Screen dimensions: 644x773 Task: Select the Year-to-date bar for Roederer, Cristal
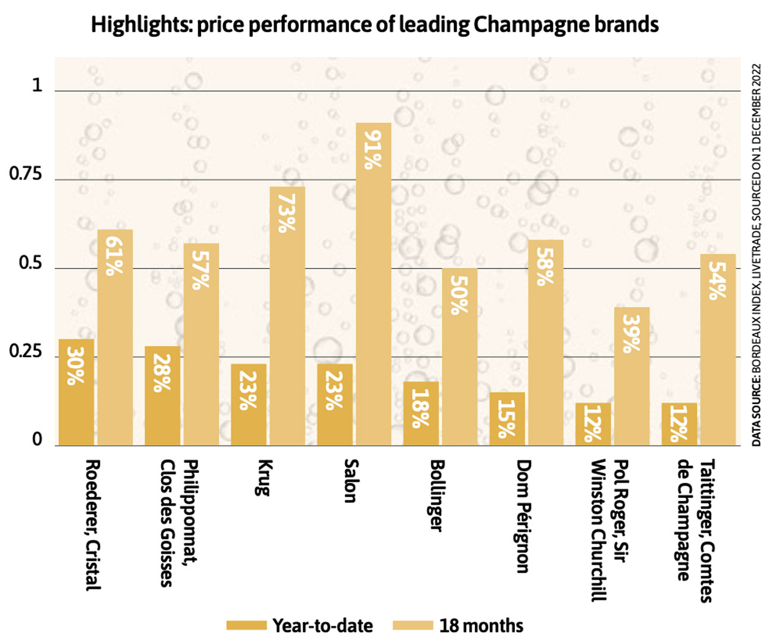click(x=76, y=392)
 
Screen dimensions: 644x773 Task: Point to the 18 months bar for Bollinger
click(x=459, y=356)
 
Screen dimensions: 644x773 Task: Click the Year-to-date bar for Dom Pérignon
click(x=507, y=419)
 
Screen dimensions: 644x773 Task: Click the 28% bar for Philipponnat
click(x=162, y=396)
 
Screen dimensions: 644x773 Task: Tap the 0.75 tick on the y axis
click(x=26, y=174)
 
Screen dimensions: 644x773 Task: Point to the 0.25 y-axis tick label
click(x=26, y=351)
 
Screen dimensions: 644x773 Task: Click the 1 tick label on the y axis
click(x=37, y=86)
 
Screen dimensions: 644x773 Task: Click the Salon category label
click(x=350, y=481)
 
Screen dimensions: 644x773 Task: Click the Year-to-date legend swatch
click(x=246, y=626)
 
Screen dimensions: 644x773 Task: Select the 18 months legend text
click(x=481, y=626)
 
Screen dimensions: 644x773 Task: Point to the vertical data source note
click(x=756, y=255)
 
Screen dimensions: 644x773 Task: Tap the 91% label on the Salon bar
click(x=373, y=150)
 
